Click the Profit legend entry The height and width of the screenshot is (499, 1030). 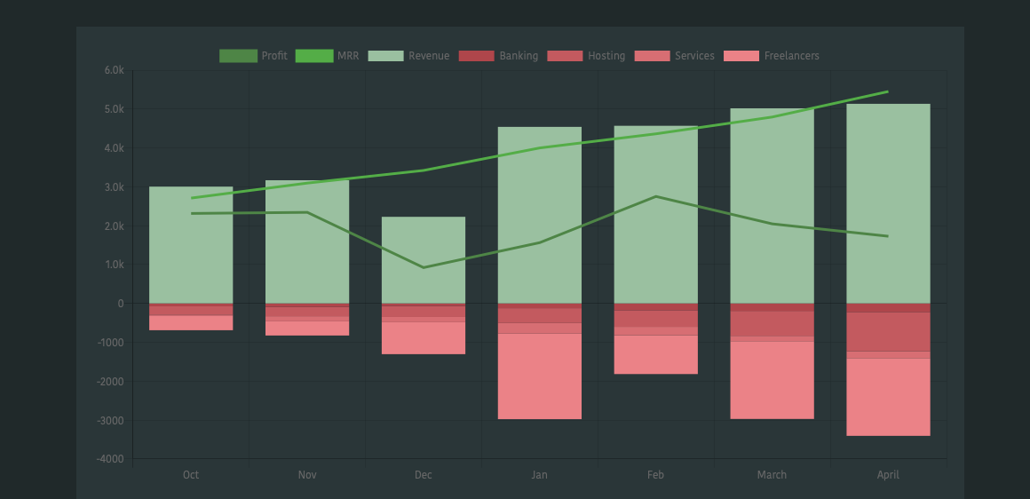coord(254,56)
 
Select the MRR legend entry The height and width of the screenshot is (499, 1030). coord(328,56)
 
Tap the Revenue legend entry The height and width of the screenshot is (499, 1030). coord(409,56)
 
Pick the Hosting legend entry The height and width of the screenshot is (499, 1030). coord(587,56)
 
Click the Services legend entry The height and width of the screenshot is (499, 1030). coord(675,56)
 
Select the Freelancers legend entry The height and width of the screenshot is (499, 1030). coord(772,56)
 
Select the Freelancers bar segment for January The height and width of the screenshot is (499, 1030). coord(540,376)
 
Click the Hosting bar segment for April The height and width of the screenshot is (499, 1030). coord(888,331)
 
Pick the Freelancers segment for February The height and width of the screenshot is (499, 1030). coord(656,354)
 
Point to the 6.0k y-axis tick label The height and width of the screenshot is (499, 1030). coord(114,70)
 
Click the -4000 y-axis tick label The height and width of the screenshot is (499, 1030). coord(110,459)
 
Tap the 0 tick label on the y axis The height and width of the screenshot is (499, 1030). coord(120,304)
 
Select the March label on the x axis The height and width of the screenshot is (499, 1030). coord(772,475)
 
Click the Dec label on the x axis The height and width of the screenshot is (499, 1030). coord(424,475)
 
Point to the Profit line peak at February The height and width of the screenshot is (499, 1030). coord(656,196)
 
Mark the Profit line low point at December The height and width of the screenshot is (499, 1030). coord(424,267)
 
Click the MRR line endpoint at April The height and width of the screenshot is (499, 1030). coord(888,91)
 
